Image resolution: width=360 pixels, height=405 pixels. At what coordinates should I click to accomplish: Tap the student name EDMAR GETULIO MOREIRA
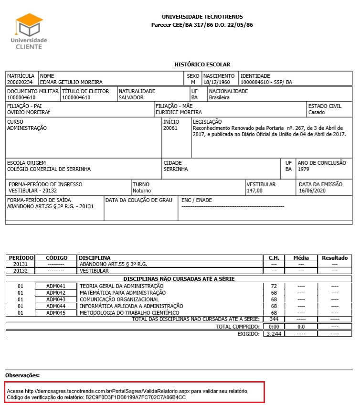pos(72,82)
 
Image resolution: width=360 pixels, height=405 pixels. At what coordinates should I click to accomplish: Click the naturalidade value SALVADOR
pos(131,97)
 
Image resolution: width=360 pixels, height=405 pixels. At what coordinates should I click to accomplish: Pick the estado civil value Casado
pos(317,113)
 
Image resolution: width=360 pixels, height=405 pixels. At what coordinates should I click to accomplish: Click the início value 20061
pos(170,128)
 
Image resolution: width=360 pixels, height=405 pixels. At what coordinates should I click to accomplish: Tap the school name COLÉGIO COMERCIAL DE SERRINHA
pos(49,169)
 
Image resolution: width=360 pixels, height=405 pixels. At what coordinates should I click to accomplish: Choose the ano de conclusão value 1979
pos(304,169)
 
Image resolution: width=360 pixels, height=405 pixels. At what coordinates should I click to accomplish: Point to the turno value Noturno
pos(142,191)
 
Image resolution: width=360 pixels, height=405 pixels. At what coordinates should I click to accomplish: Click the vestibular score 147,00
pos(254,191)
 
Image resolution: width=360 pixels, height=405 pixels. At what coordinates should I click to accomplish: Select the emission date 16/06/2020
pos(311,191)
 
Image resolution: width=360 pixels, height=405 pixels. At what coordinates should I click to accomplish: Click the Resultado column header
pos(334,258)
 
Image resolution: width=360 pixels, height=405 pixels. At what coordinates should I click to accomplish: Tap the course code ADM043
pos(56,299)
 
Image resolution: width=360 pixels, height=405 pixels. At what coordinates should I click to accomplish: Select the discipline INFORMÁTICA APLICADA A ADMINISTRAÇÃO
pos(131,306)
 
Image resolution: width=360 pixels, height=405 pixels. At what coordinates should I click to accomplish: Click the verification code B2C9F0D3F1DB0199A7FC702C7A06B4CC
pos(136,397)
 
